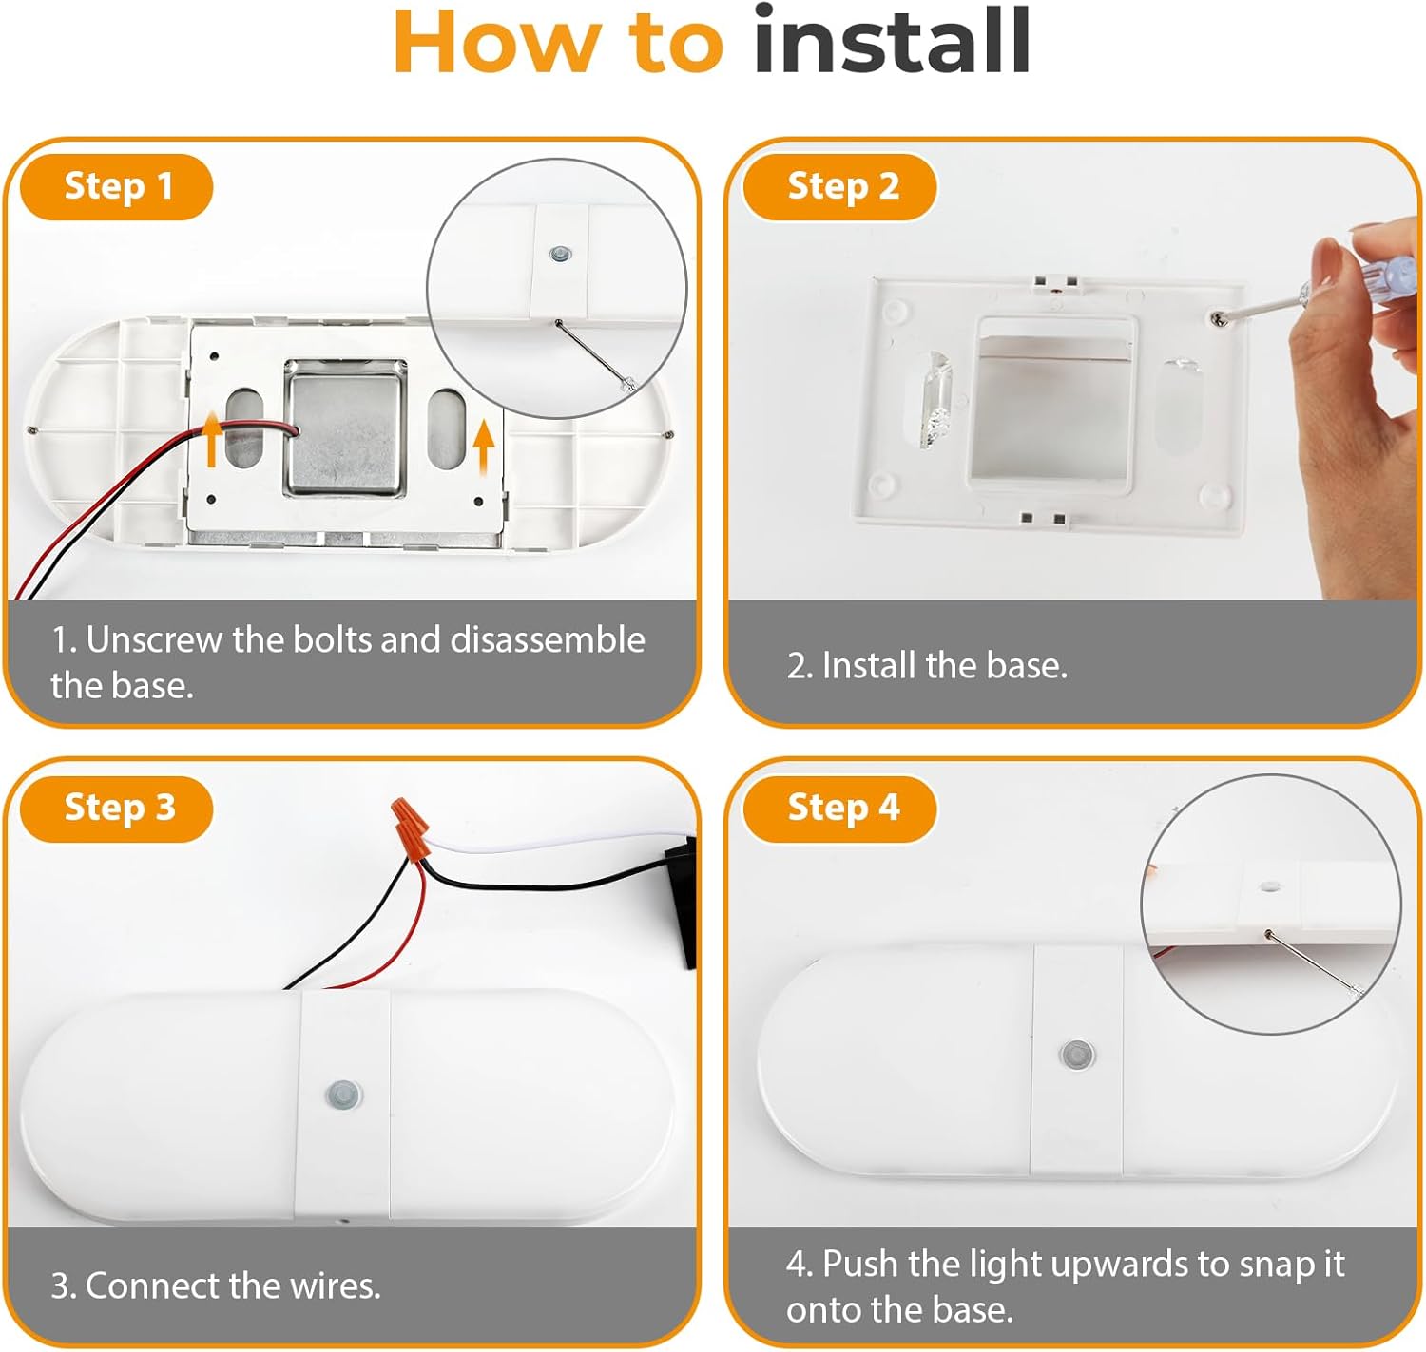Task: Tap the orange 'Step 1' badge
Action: pos(117,186)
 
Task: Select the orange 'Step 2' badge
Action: pos(840,186)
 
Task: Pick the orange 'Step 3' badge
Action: pos(117,809)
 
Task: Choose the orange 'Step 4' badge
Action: pos(840,809)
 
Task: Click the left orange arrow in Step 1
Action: pos(211,439)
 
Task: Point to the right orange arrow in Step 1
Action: pos(484,448)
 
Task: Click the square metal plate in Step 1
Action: pos(344,428)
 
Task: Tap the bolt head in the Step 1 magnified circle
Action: pos(560,254)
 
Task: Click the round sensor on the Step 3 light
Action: pos(342,1094)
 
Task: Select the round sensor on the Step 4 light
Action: pos(1076,1054)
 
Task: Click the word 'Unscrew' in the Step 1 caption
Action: pos(154,639)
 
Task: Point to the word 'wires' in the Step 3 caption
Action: pos(334,1285)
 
